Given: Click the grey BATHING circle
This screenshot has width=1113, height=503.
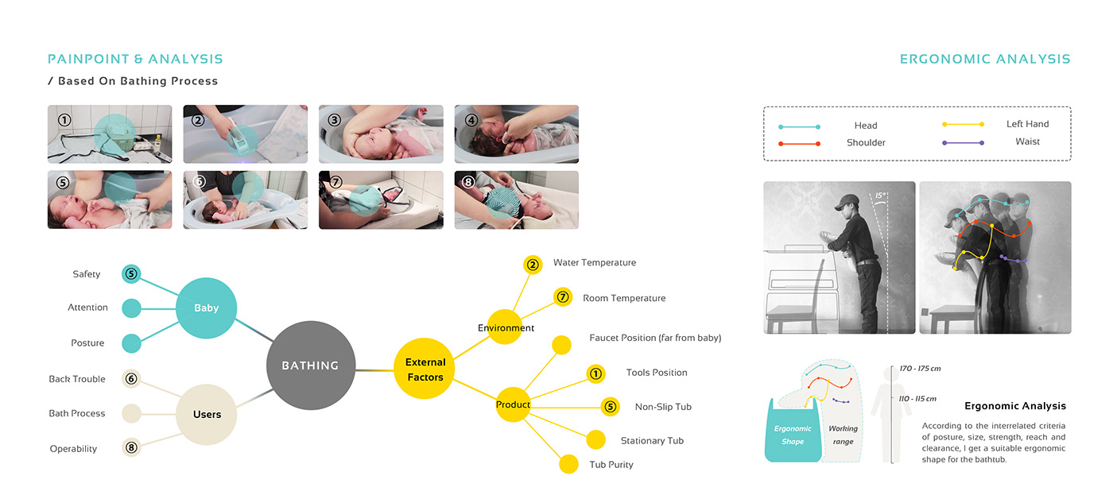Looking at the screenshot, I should click(310, 366).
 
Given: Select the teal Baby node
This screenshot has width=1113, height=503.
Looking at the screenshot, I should click(206, 308).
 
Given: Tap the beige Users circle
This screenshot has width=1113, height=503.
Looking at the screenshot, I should click(207, 414).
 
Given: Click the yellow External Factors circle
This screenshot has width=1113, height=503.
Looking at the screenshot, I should click(425, 369).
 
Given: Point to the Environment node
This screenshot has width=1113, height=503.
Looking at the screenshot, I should click(506, 327).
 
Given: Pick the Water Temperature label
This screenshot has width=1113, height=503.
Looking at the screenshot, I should click(595, 263).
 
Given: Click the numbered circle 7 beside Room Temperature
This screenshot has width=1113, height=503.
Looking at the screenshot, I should click(562, 298).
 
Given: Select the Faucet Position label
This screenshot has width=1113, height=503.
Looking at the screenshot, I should click(655, 338).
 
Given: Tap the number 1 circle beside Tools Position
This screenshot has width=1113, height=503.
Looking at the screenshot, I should click(596, 373).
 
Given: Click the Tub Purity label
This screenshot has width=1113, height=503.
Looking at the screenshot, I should click(611, 465).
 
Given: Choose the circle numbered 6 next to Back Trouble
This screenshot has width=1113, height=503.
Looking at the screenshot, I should click(132, 379).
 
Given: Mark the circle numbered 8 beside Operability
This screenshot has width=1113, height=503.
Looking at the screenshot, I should click(132, 448).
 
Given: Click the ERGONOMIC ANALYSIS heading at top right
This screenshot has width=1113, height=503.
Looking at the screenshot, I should click(985, 59).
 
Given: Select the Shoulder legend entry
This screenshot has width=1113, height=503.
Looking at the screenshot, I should click(866, 143).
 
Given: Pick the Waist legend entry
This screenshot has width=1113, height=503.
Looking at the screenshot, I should click(1027, 141).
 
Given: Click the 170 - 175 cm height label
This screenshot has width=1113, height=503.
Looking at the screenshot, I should click(921, 369).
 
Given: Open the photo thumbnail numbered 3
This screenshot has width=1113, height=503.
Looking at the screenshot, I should click(381, 134).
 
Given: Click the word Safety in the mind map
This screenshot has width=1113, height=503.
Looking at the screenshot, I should click(87, 274).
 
